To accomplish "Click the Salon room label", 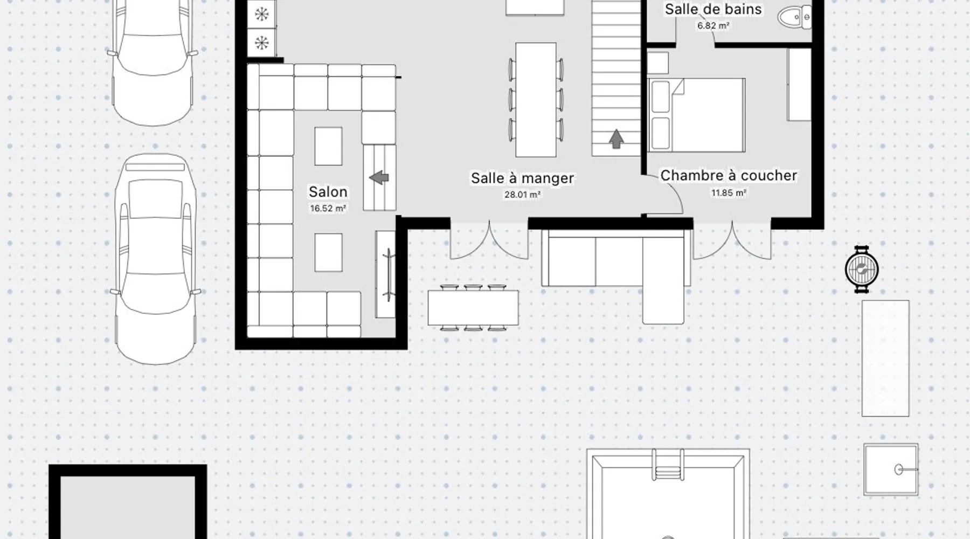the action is click(x=328, y=192).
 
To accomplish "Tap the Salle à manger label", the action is click(x=522, y=178).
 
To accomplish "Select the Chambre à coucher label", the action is click(x=729, y=176).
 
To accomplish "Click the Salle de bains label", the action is click(x=713, y=9).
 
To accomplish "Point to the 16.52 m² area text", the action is click(x=328, y=209).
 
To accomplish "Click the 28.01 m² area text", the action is click(x=522, y=195).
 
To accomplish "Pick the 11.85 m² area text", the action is click(x=729, y=192).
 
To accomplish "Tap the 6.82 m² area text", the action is click(x=713, y=25).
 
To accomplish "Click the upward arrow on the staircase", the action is click(x=616, y=139).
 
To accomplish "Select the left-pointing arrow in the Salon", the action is click(x=379, y=177).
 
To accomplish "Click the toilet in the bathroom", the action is click(x=794, y=17).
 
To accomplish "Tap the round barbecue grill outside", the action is click(x=861, y=269).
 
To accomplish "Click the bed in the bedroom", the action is click(x=696, y=115).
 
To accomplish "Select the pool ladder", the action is click(x=668, y=464).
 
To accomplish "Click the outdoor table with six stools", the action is click(x=473, y=307).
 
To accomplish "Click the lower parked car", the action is click(x=156, y=259).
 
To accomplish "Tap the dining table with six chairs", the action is click(x=536, y=100).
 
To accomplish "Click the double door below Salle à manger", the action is click(x=489, y=239).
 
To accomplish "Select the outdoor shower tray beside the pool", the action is click(x=891, y=469).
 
